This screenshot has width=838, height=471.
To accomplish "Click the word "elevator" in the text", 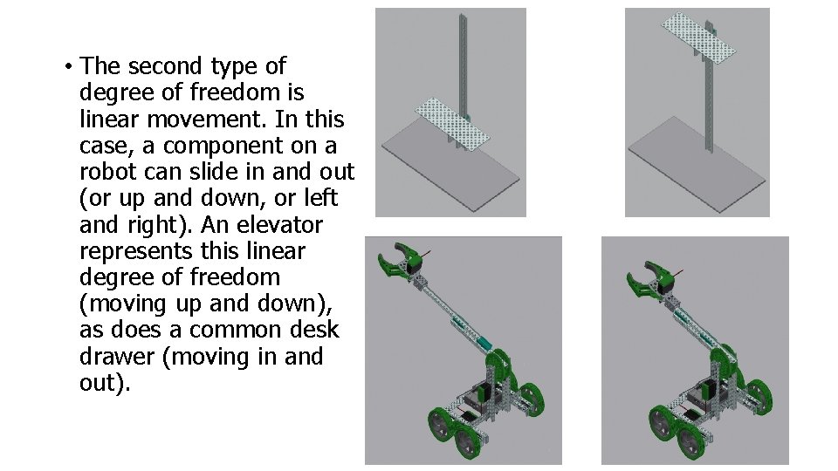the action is click(280, 224).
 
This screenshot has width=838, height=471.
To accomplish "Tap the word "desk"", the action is click(314, 329).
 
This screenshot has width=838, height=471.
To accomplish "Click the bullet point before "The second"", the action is click(68, 67).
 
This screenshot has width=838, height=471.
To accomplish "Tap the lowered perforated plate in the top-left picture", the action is click(452, 123).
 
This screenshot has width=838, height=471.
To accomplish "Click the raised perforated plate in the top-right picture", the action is click(698, 38).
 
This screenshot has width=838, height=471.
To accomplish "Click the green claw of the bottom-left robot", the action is click(399, 261).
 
